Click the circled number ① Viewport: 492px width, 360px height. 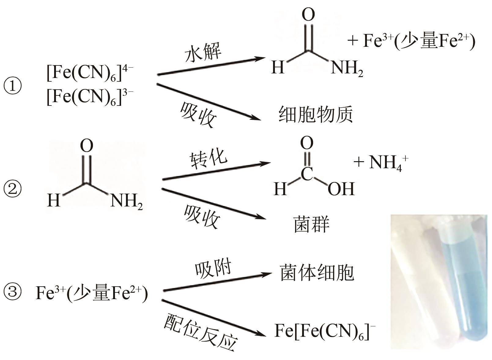click(13, 86)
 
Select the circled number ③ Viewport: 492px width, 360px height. click(13, 292)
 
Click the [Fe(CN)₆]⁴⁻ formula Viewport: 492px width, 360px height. click(90, 74)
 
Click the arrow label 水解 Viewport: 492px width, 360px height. click(203, 53)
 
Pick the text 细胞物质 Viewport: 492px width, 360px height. click(316, 115)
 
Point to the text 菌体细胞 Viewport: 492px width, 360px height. click(317, 273)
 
